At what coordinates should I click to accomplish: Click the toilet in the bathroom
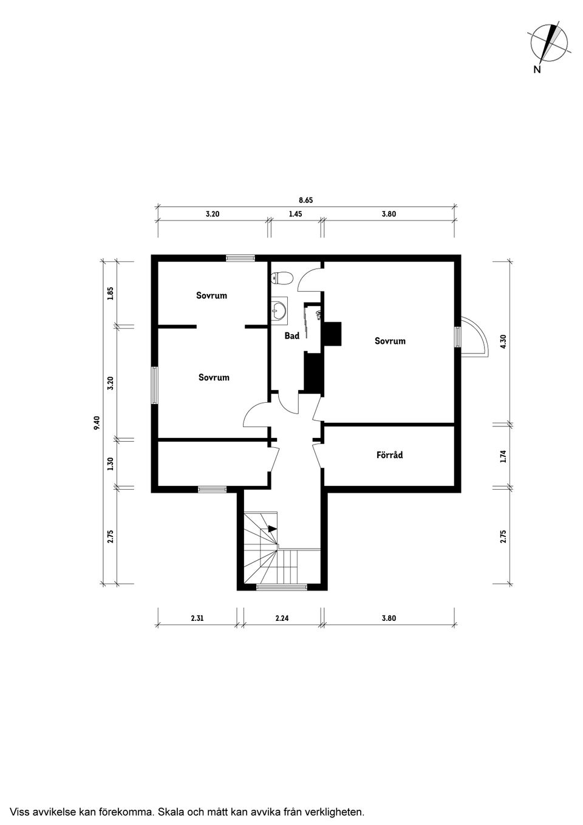282,278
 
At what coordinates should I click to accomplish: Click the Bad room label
292,335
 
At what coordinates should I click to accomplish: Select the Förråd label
389,455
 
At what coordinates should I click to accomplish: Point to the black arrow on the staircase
272,529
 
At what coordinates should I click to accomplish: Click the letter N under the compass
537,69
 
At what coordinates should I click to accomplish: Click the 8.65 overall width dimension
306,200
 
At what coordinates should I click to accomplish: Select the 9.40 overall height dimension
97,422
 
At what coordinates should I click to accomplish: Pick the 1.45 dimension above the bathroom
296,214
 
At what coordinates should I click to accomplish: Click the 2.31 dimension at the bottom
197,618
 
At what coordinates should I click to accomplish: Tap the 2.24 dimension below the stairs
282,618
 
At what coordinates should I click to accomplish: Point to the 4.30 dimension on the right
504,341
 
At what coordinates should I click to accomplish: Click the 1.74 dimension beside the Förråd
504,457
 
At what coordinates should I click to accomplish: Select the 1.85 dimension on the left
111,293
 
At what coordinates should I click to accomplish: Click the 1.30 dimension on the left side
111,464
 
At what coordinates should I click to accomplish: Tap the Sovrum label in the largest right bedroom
390,341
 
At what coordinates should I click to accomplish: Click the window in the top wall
240,258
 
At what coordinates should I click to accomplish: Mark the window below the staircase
282,587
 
